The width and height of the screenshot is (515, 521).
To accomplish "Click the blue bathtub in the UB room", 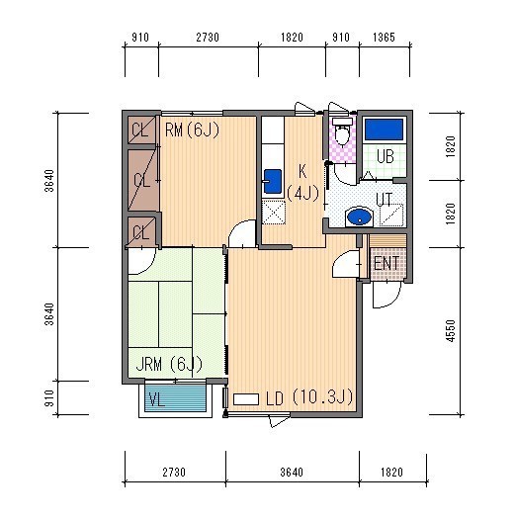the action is point(384,130).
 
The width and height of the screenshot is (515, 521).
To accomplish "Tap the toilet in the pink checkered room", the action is point(342,131).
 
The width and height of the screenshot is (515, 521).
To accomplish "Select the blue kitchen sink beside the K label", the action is point(273,181).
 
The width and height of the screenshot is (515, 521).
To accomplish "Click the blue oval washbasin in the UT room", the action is point(359,217).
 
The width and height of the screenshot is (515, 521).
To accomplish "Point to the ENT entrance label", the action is point(386,264).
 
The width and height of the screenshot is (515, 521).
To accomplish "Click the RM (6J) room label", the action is point(192,130).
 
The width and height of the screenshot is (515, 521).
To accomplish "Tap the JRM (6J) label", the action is point(169,364).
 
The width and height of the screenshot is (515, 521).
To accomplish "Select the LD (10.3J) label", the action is point(309,397).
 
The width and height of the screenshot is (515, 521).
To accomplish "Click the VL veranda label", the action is point(157,399).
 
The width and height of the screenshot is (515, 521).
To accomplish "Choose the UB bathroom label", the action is point(386,156).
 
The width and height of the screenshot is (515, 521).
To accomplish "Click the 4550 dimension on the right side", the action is point(450,330).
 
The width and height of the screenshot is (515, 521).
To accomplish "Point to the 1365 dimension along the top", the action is point(384,38).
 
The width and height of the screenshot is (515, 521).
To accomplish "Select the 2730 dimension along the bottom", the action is point(174,473).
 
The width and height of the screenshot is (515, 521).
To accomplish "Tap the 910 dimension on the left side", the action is point(49,397).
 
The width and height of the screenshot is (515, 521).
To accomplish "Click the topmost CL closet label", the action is point(140,130).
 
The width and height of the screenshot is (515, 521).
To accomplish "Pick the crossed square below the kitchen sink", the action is point(274,212).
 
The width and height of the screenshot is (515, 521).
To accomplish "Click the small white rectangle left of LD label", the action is point(246,399).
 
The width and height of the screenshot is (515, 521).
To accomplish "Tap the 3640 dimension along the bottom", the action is point(292,473).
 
